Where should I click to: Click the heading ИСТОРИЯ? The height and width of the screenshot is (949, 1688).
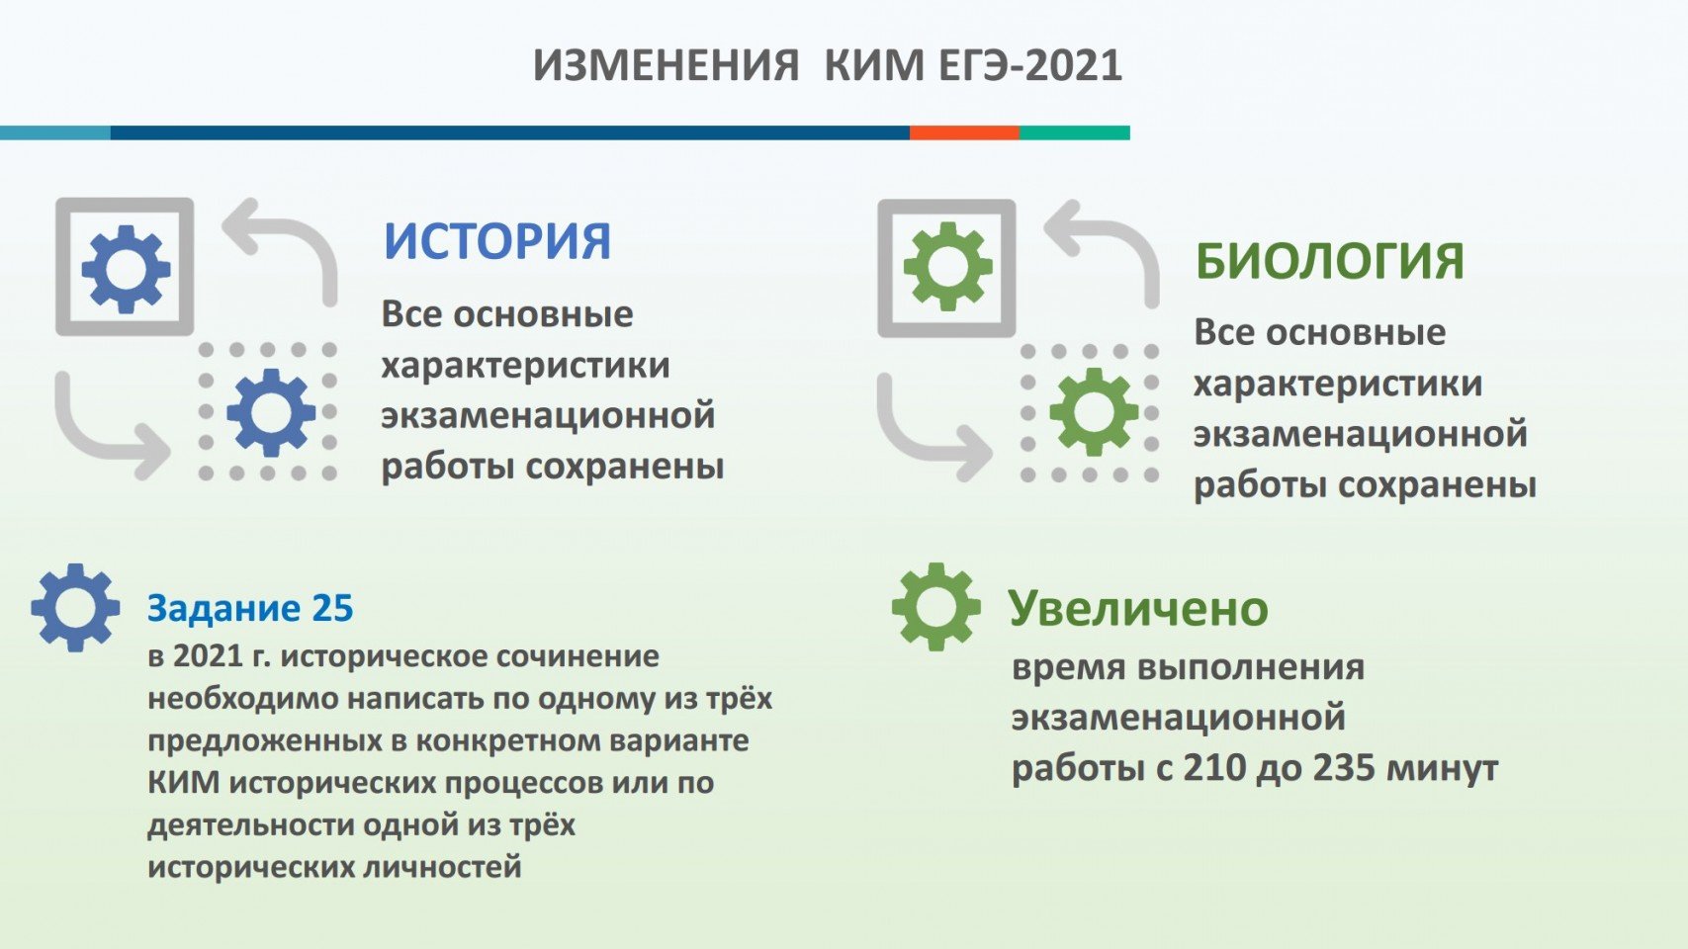click(496, 241)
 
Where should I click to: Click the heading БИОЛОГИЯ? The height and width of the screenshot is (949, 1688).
click(1329, 261)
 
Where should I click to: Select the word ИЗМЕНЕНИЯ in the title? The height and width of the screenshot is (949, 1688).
click(666, 65)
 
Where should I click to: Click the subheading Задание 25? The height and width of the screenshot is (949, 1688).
click(250, 608)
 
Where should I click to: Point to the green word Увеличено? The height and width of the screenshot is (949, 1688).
click(1138, 609)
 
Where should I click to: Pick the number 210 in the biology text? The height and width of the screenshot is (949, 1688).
click(1214, 769)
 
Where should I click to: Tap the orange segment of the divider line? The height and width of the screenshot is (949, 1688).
click(964, 132)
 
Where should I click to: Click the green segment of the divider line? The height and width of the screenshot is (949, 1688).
click(1075, 132)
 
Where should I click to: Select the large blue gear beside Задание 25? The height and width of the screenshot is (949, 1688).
click(75, 607)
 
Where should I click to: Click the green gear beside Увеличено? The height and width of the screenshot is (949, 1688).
click(935, 607)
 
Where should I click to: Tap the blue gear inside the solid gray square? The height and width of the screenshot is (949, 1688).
click(126, 268)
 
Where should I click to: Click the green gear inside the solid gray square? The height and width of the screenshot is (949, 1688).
click(948, 267)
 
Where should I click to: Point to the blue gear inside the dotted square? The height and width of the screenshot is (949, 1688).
click(271, 413)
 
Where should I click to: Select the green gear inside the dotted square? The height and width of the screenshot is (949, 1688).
click(1095, 412)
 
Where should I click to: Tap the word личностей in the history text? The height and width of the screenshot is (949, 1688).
click(442, 867)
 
